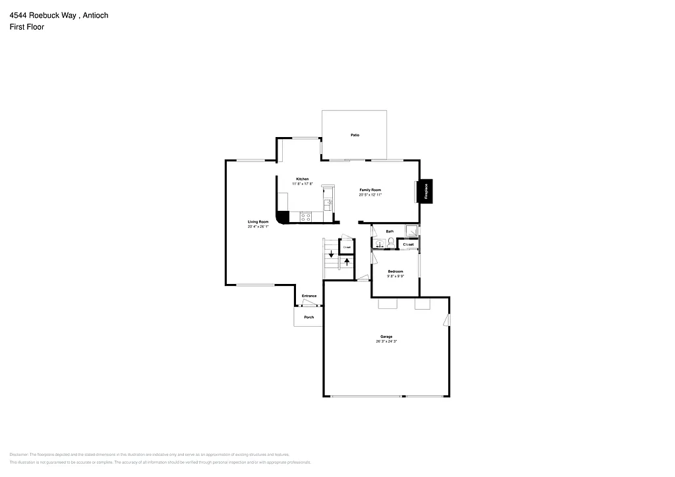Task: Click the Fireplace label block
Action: click(426, 191)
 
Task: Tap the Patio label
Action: click(355, 135)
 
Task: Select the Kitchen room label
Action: click(303, 179)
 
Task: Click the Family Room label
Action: click(370, 190)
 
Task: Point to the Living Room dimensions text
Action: click(258, 227)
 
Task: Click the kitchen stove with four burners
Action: click(306, 216)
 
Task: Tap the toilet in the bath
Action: click(391, 243)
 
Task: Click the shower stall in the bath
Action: click(411, 231)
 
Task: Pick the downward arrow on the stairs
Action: click(332, 254)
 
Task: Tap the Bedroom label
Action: click(396, 271)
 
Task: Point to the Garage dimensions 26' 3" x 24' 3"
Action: click(386, 341)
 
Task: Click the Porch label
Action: click(308, 318)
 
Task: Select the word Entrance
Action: click(309, 296)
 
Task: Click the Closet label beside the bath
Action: click(409, 244)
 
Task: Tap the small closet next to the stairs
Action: click(347, 247)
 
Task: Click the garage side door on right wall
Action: click(447, 321)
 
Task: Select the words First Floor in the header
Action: click(27, 27)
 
